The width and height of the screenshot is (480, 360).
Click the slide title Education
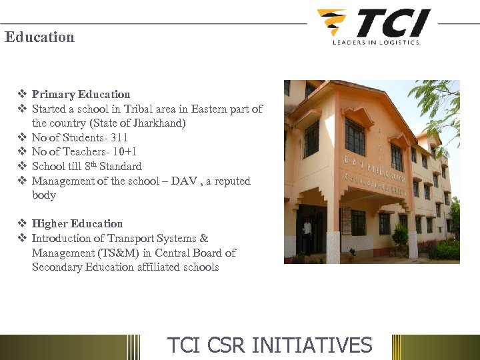39,37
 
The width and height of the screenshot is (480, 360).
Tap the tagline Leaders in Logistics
376,42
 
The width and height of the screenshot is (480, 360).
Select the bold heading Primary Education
81,95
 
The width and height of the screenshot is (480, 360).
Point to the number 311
119,138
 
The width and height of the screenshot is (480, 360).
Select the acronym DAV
184,181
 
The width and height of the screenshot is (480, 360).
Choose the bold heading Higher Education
77,224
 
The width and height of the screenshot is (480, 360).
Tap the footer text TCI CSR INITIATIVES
269,345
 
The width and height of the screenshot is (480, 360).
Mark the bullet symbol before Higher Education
22,224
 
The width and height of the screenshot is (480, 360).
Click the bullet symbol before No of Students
22,138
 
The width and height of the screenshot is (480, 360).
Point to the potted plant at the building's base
351,254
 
